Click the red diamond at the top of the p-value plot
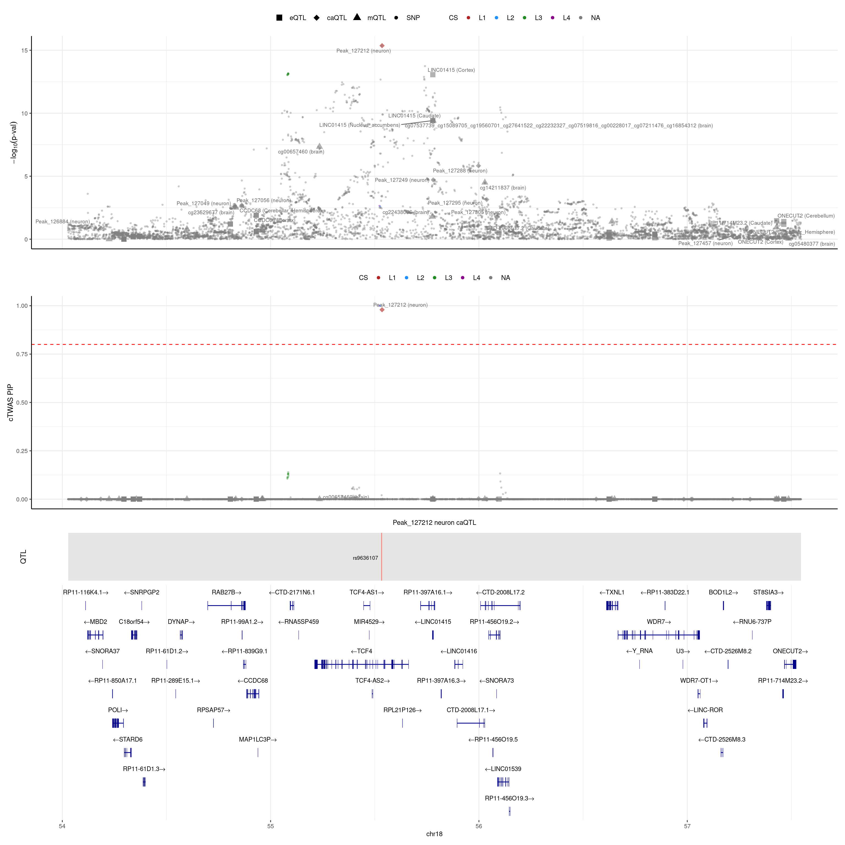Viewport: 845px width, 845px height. point(382,45)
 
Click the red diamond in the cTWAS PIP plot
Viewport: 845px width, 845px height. point(382,310)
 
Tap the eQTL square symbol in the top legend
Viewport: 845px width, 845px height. point(279,18)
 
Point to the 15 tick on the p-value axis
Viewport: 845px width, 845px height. point(24,50)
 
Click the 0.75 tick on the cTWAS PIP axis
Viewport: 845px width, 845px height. point(22,354)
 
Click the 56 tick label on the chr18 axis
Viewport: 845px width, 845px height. point(479,826)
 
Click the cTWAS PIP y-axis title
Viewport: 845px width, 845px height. point(10,402)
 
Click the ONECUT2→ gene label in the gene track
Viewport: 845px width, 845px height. point(790,651)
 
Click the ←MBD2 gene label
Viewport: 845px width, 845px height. point(95,621)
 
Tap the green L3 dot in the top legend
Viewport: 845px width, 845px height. point(524,18)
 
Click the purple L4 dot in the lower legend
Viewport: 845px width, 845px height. point(463,278)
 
